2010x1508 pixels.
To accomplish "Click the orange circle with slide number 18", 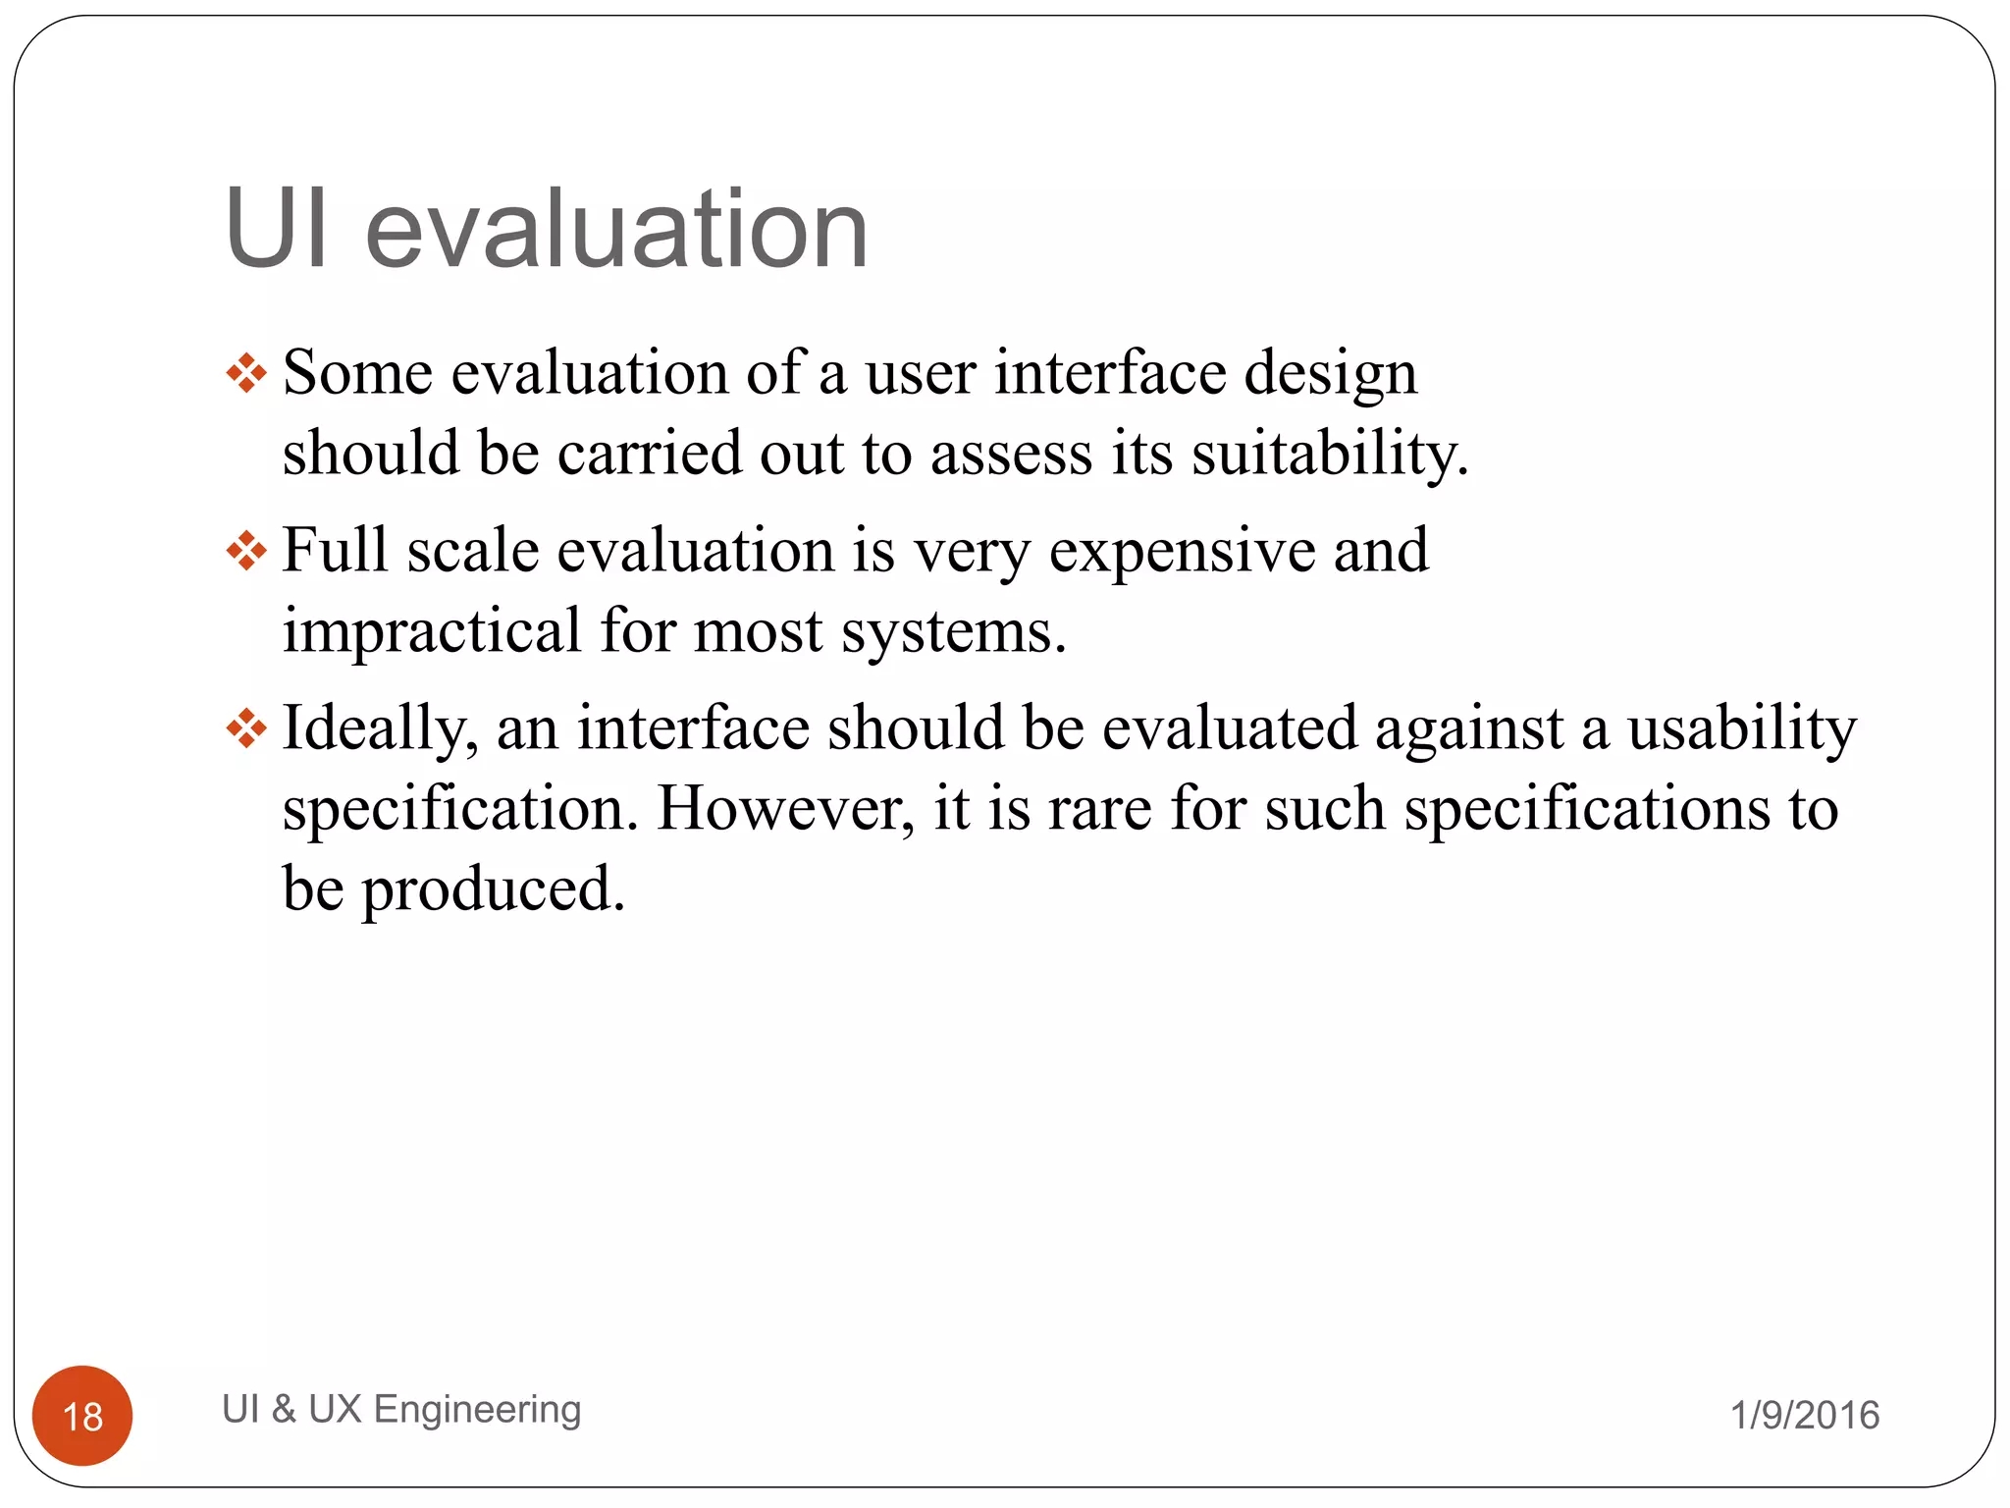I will (x=82, y=1415).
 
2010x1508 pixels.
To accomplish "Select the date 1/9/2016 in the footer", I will (x=1804, y=1415).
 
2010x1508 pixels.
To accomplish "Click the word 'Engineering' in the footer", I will (x=478, y=1409).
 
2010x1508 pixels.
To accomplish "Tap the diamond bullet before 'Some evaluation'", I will (x=246, y=374).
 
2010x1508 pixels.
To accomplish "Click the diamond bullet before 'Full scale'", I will (x=246, y=551).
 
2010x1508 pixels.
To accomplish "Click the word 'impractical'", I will (x=432, y=630).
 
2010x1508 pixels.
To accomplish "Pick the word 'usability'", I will (x=1742, y=729).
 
